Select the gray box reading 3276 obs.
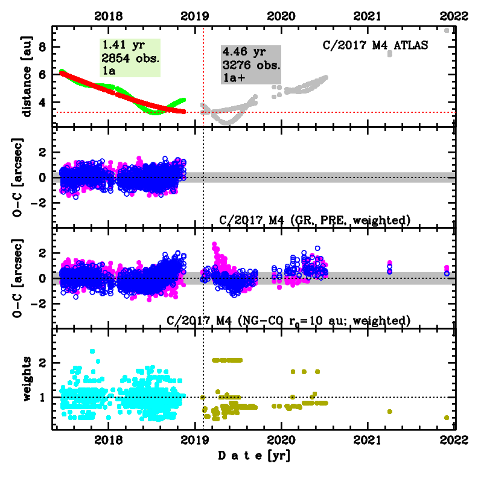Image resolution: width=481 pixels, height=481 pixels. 250,65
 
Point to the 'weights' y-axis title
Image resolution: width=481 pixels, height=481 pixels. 27,378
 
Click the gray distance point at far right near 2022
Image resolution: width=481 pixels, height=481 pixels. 447,31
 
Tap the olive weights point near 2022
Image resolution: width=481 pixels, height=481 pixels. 447,418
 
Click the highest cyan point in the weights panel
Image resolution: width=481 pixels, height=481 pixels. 92,351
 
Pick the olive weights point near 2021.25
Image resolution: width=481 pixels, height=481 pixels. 390,412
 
